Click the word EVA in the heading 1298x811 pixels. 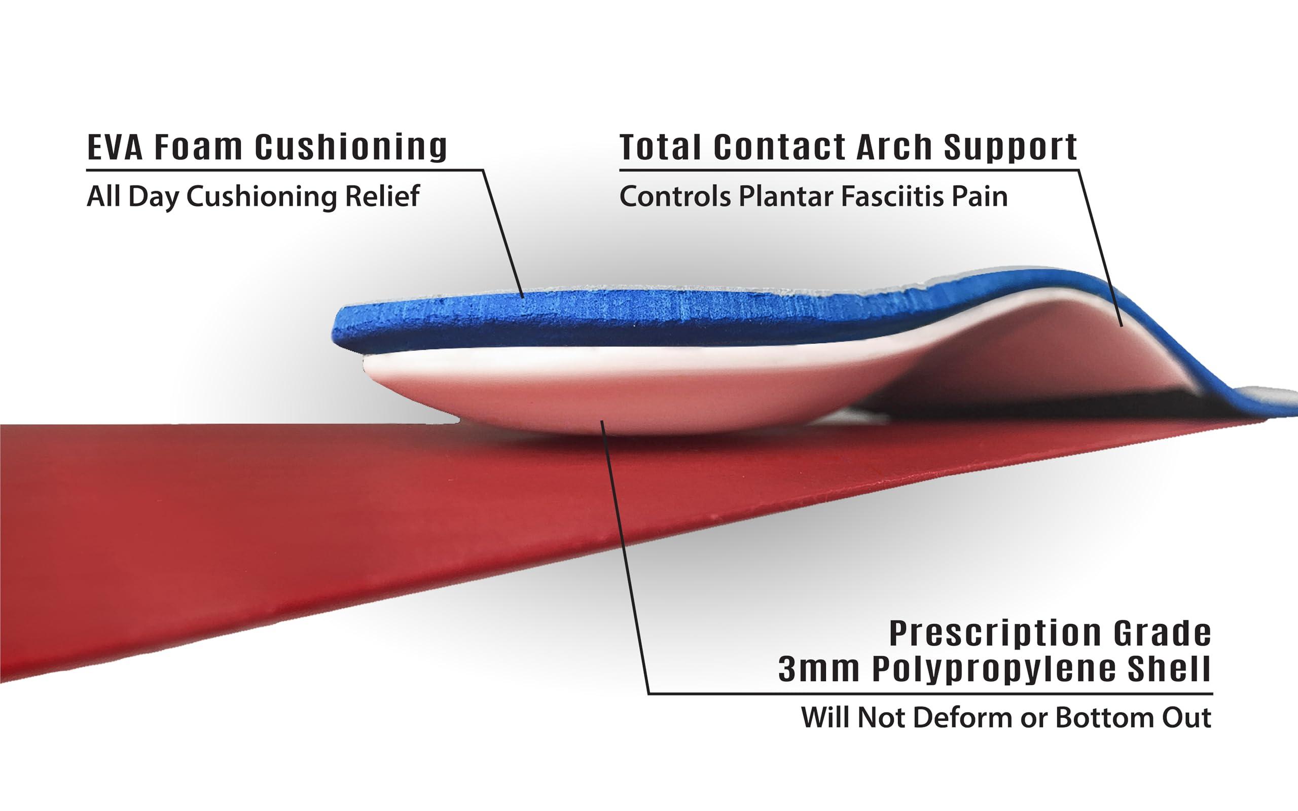(x=115, y=146)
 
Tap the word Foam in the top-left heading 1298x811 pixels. (x=198, y=146)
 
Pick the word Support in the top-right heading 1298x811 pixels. (x=1011, y=148)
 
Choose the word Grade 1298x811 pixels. (x=1162, y=634)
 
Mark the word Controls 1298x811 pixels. (x=675, y=196)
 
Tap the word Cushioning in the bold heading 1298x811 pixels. (x=351, y=146)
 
